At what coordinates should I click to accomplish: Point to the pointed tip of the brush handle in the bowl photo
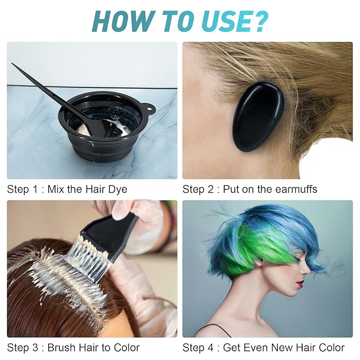[x=14, y=65]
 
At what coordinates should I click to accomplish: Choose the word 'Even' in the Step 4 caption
[x=255, y=348]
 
